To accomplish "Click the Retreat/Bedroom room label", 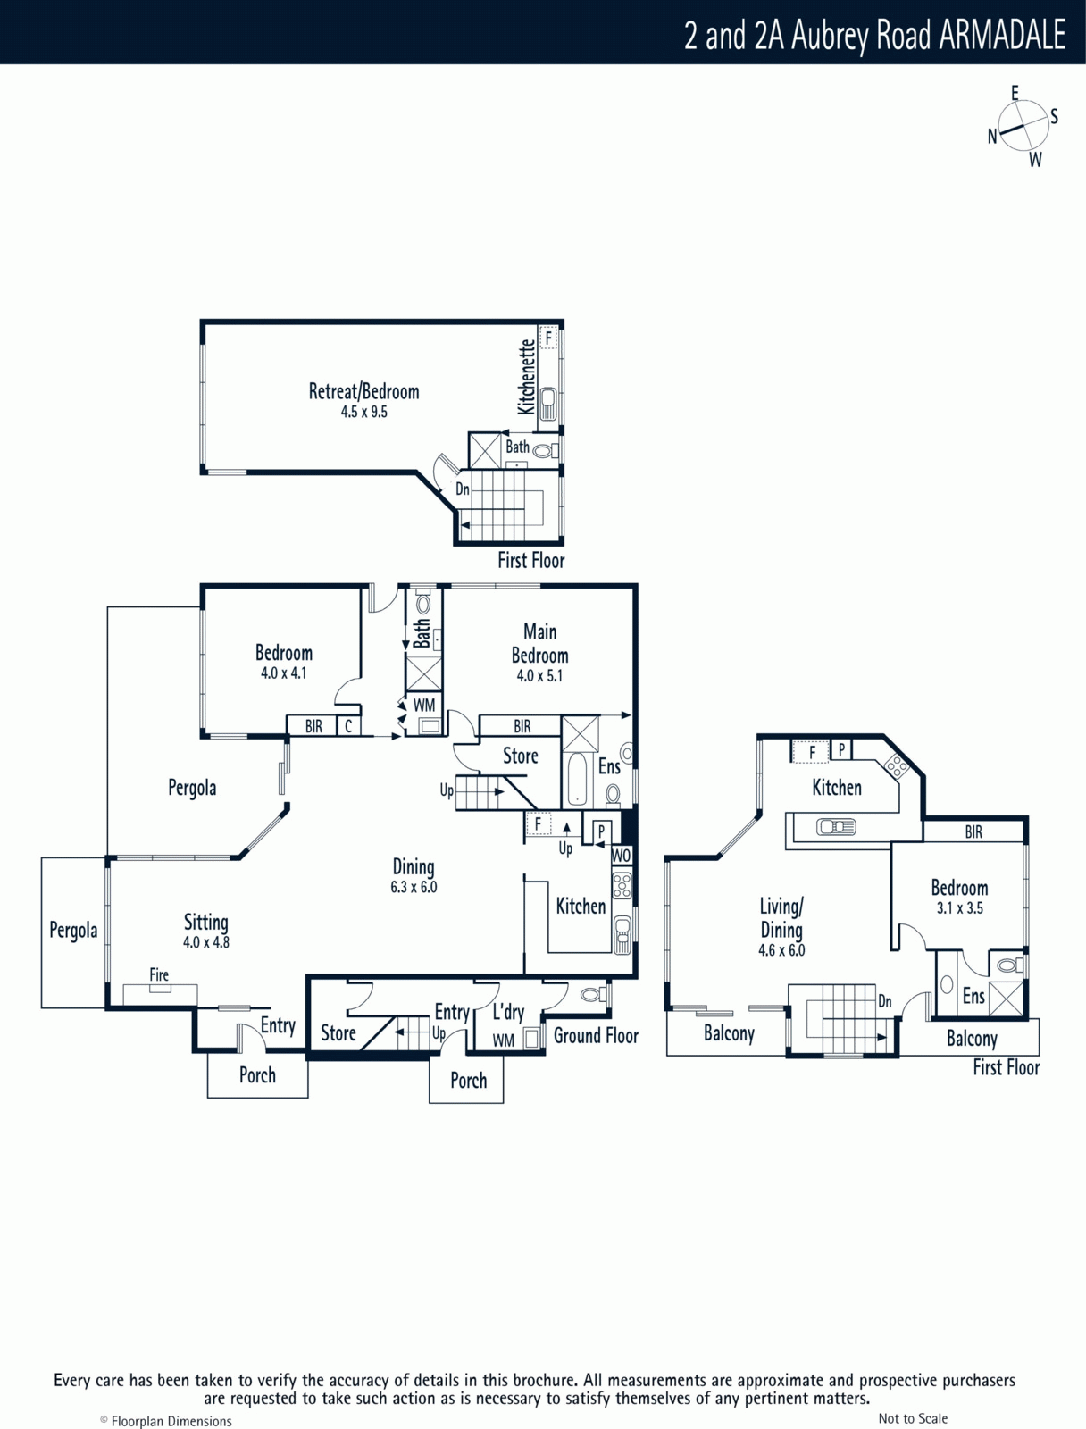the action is [363, 391].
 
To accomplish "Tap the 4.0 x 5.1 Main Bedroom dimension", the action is [539, 676].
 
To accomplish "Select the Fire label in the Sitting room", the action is [159, 974].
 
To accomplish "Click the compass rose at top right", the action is [1023, 125].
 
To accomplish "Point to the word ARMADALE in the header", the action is [1003, 35].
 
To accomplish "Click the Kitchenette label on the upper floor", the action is [526, 377].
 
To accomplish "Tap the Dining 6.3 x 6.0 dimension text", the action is [414, 887].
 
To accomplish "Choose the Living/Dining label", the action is [781, 918].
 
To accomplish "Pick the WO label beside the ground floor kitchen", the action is [621, 855].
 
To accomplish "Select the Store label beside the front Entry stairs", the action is [338, 1033].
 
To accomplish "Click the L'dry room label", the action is [508, 1012].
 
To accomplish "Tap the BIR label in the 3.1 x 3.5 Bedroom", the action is [973, 831].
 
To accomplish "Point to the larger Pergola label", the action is [192, 788].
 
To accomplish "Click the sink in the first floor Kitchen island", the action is [836, 827].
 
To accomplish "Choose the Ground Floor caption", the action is [596, 1036].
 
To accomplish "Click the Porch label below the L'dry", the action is [469, 1081].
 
